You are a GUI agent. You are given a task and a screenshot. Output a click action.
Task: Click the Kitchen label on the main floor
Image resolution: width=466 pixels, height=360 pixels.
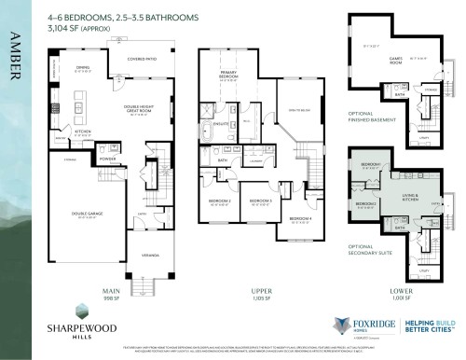[x=82, y=132]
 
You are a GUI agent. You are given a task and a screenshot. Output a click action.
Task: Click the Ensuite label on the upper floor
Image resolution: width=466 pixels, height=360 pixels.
[x=220, y=123]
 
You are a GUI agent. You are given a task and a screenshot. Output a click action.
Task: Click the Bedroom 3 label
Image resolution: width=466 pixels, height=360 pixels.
[x=259, y=201]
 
